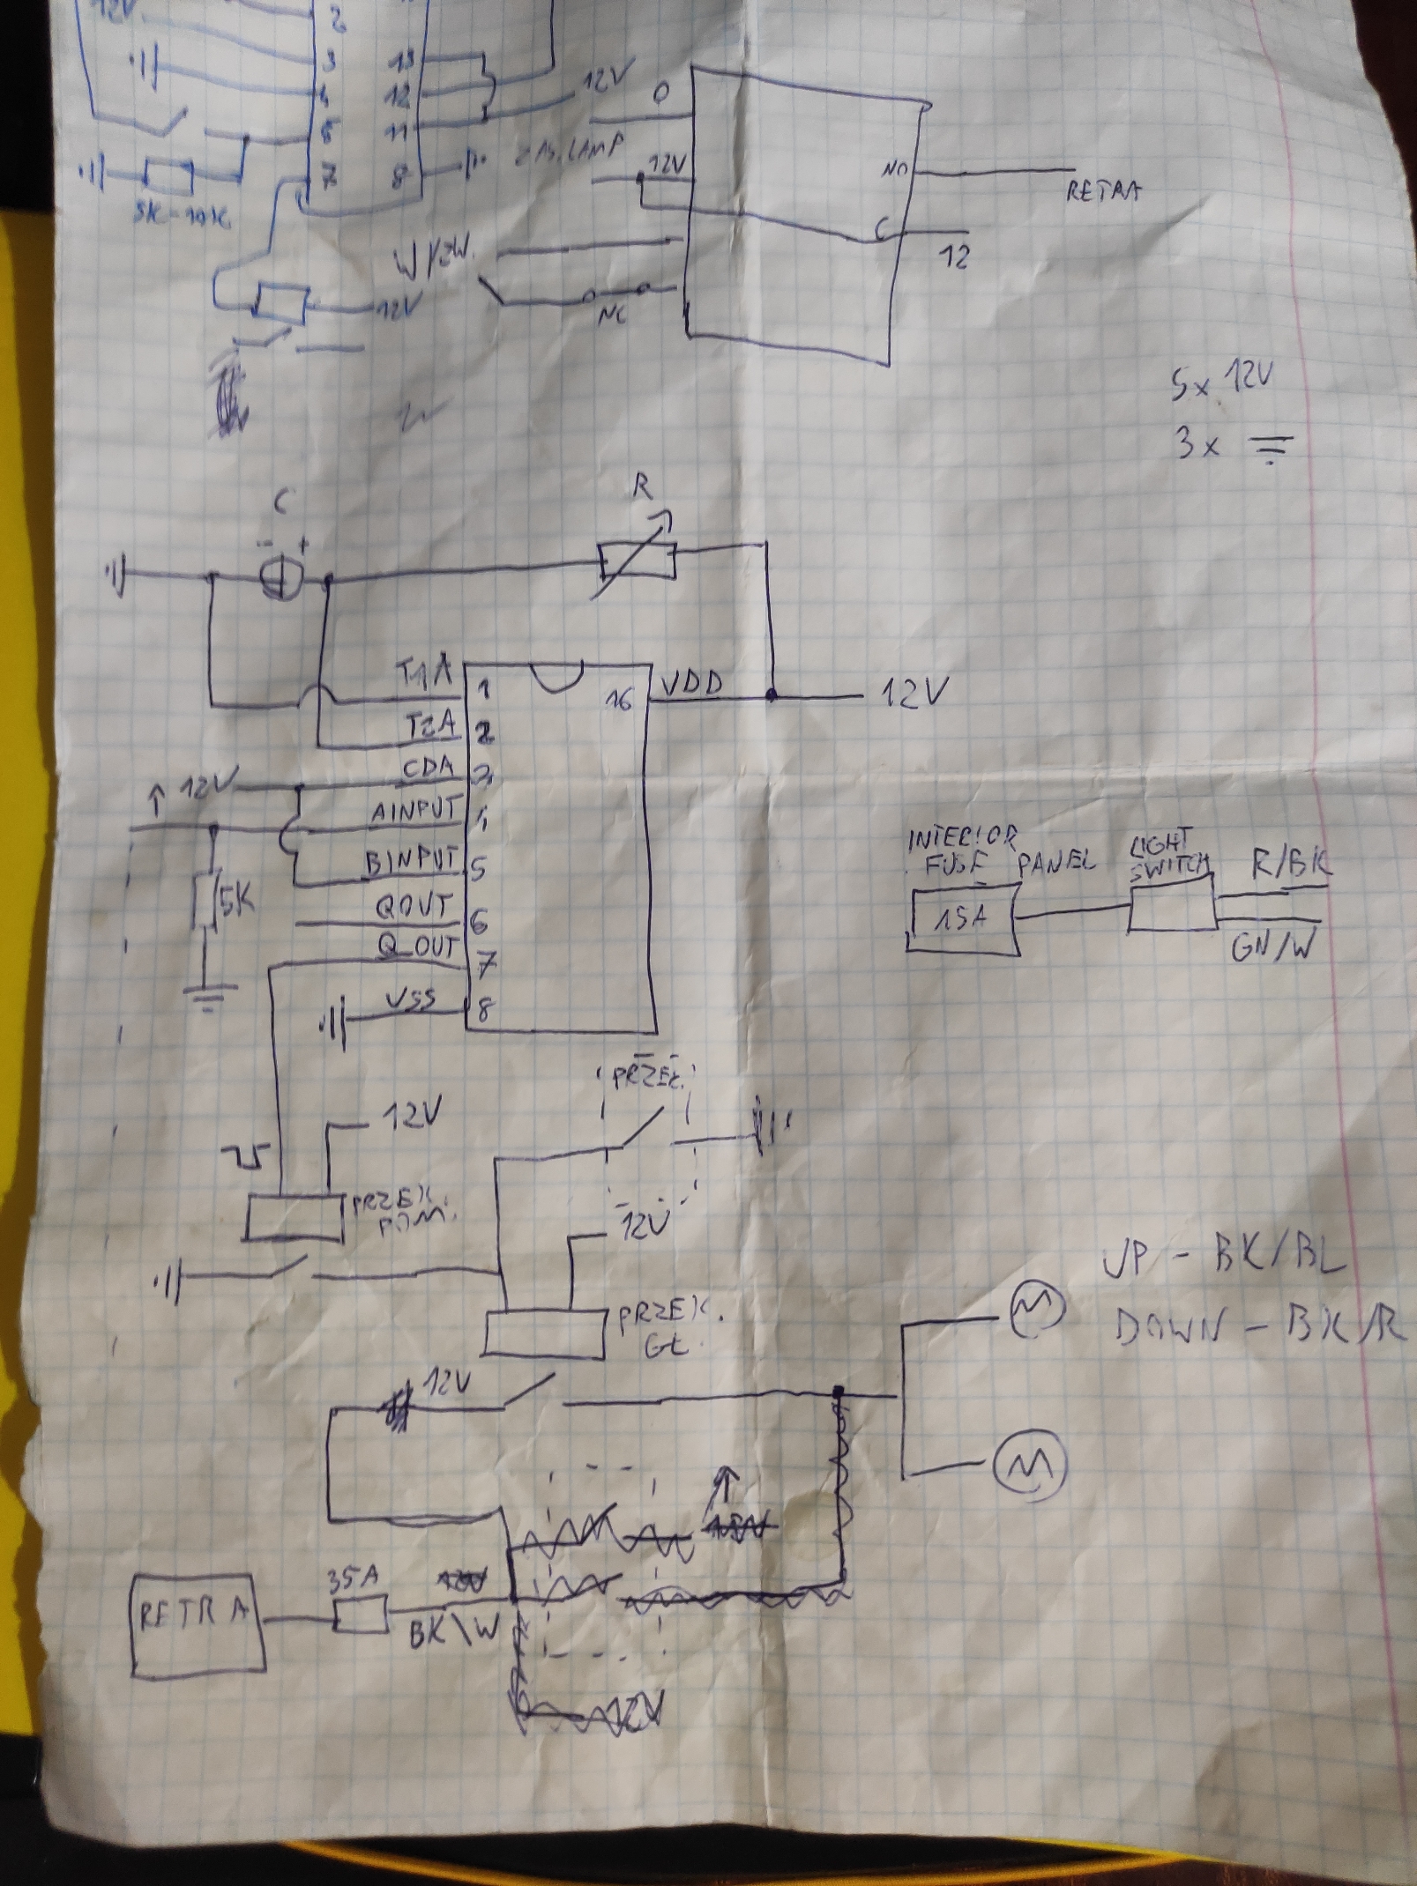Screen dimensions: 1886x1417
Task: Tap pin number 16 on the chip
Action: click(621, 701)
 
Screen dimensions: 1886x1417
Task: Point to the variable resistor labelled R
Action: click(637, 561)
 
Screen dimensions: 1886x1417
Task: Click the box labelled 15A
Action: click(963, 920)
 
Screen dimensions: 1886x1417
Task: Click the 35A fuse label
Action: click(352, 1579)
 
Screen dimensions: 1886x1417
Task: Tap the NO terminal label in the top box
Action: click(894, 167)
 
